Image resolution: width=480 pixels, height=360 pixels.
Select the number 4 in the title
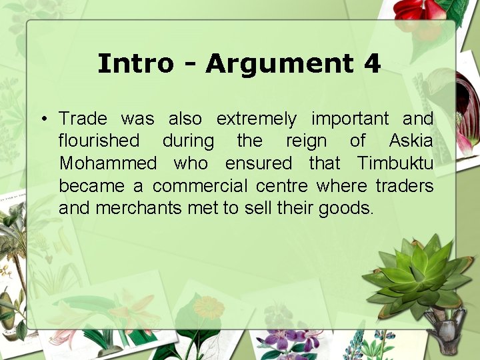[372, 64]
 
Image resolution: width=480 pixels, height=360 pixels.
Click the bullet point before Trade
[42, 120]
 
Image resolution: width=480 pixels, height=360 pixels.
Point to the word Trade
[83, 119]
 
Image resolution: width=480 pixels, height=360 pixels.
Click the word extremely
[256, 120]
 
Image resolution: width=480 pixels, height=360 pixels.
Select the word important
[349, 119]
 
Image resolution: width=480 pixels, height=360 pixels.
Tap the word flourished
[99, 141]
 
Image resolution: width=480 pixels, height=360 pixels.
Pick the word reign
[306, 142]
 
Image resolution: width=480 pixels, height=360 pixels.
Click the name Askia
[411, 141]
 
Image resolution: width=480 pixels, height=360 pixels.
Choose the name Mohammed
[108, 163]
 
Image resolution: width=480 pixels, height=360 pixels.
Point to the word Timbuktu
[395, 163]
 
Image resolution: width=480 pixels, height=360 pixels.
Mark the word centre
[287, 185]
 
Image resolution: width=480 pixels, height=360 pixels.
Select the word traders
[404, 185]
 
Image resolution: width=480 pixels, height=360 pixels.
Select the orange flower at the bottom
[209, 307]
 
